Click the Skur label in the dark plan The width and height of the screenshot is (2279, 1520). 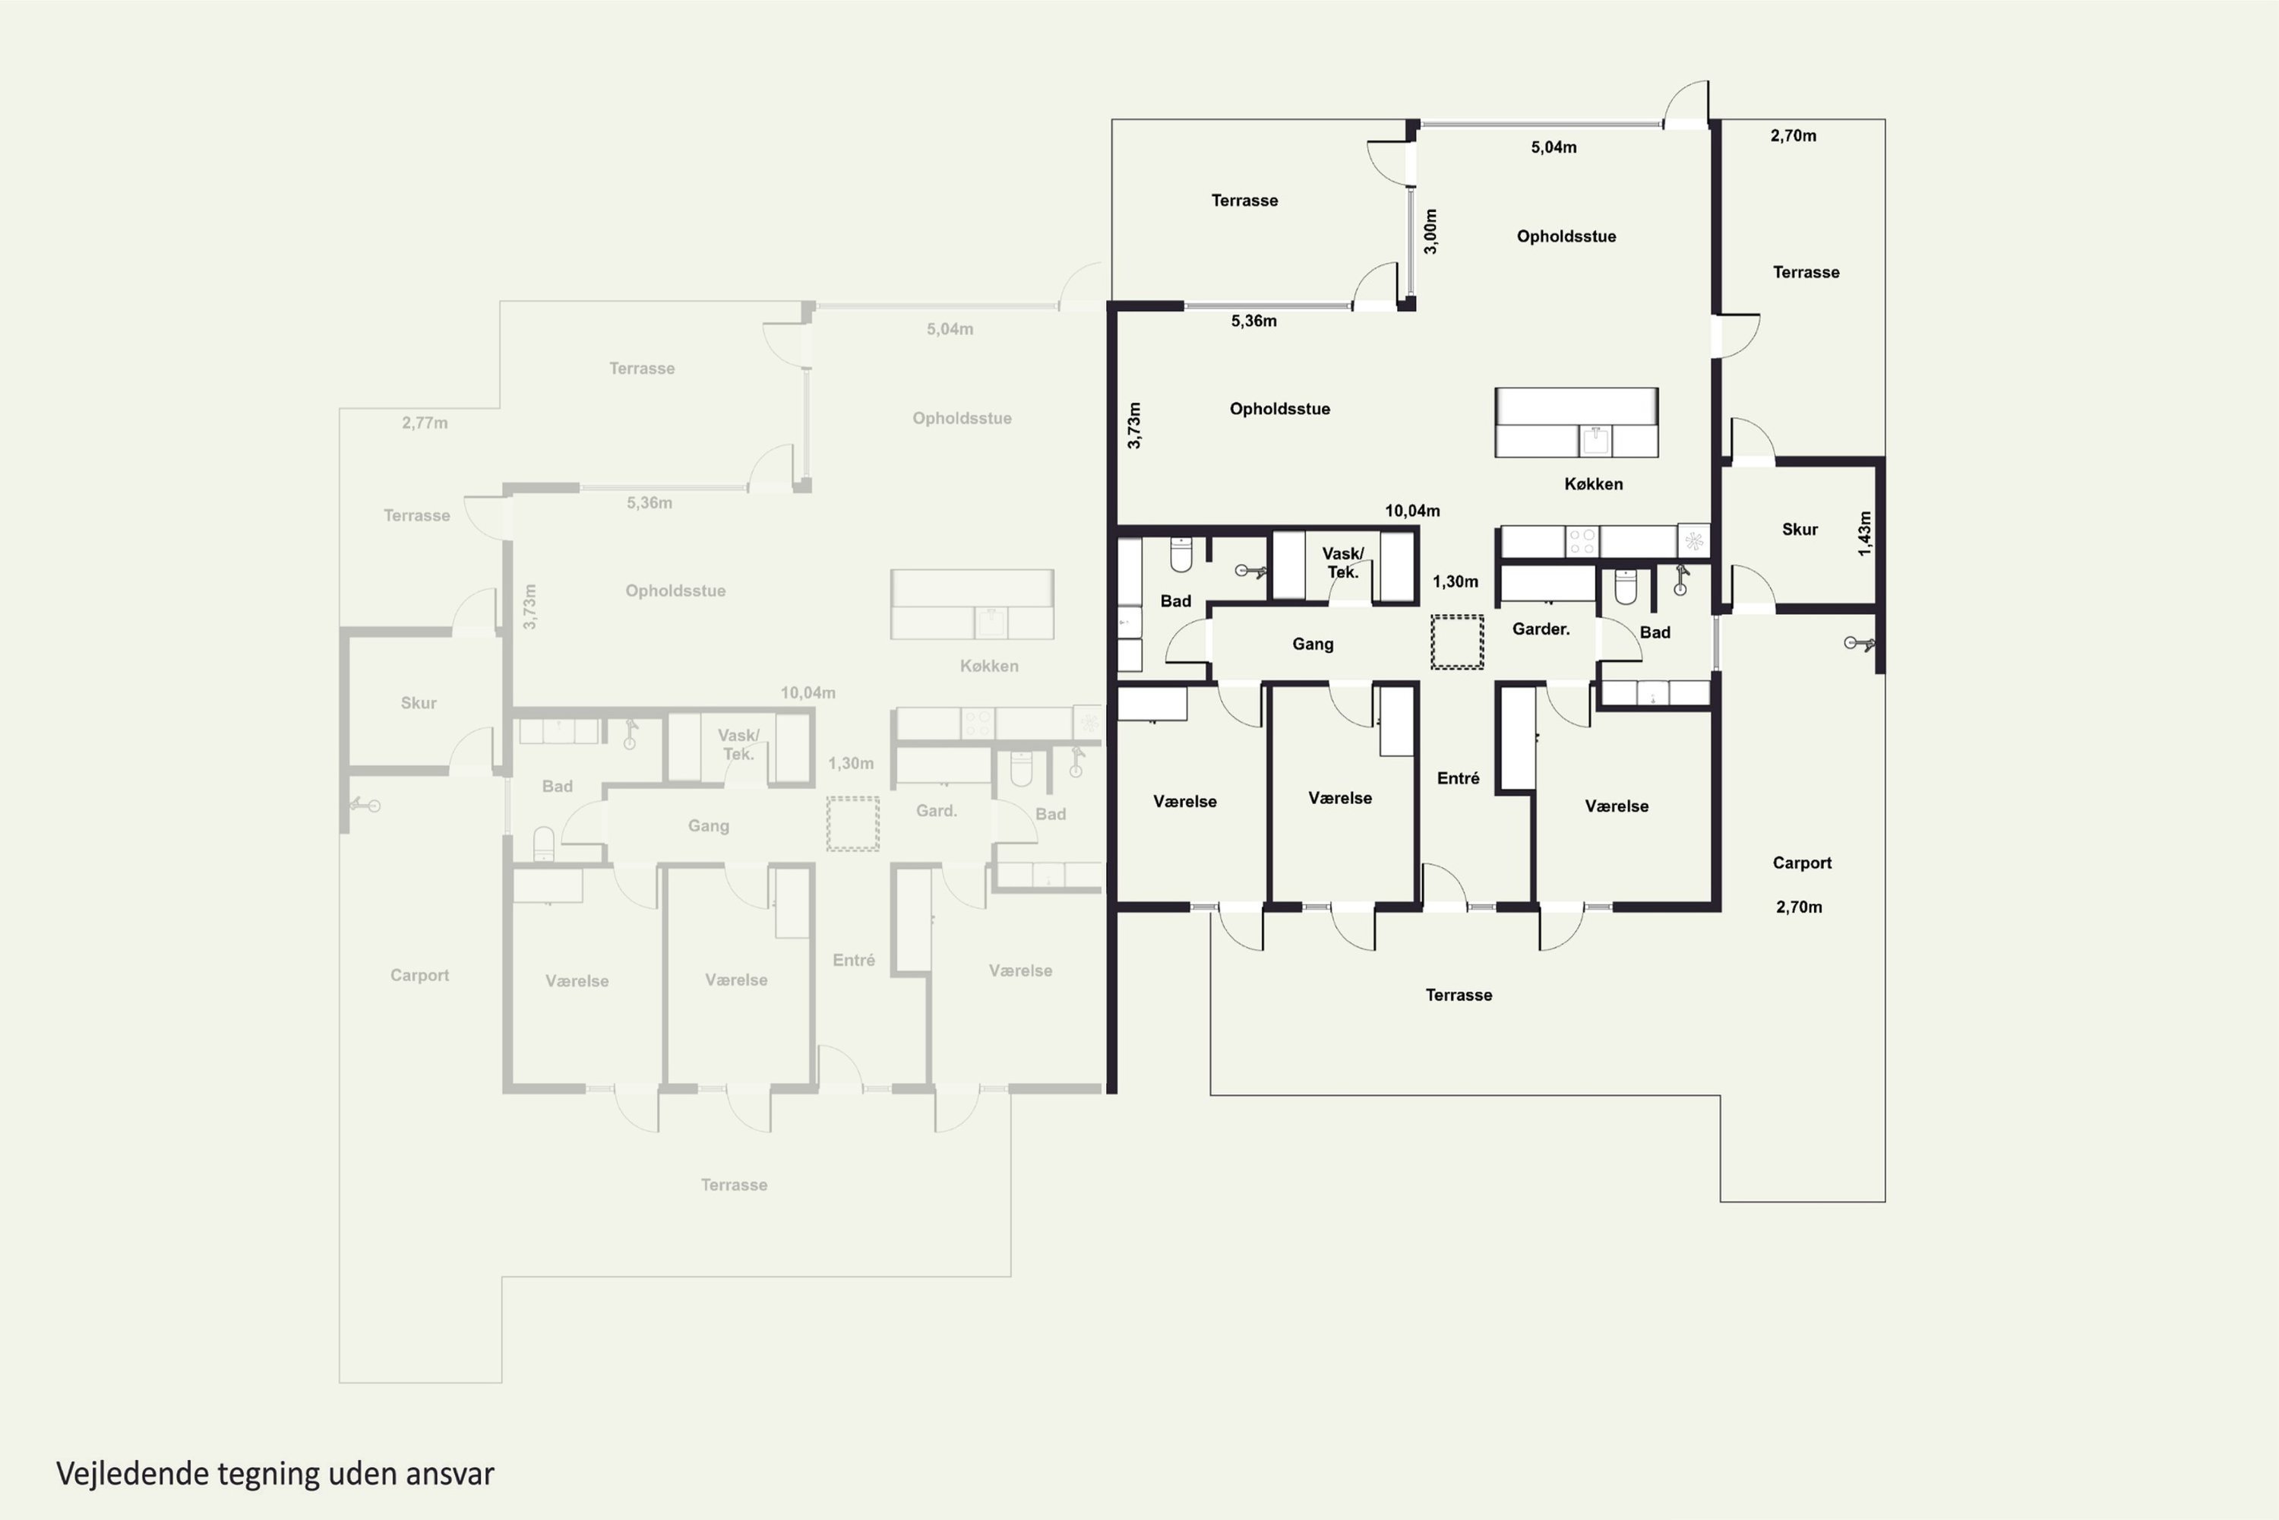[1800, 529]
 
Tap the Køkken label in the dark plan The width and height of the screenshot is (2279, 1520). [1593, 483]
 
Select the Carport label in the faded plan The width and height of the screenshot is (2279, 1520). [419, 975]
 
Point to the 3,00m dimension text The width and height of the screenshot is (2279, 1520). [1430, 232]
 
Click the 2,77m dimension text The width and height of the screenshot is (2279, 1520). [425, 423]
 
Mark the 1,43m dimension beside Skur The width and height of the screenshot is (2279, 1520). [1864, 534]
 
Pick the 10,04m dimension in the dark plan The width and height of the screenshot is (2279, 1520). [1411, 511]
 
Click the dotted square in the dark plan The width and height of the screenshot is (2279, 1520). [1457, 641]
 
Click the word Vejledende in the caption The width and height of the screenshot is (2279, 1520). [133, 1474]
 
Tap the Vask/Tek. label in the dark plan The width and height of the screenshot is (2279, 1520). [1343, 562]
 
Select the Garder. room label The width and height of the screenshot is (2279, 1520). [1541, 629]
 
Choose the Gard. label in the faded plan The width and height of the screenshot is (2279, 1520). [936, 810]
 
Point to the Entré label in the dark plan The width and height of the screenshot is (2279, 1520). [1459, 777]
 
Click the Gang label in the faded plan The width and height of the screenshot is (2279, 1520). [708, 826]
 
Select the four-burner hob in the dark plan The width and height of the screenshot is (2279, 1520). [1582, 541]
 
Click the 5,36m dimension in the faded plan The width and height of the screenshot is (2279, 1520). [650, 502]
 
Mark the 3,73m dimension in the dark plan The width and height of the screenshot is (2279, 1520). [1133, 426]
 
